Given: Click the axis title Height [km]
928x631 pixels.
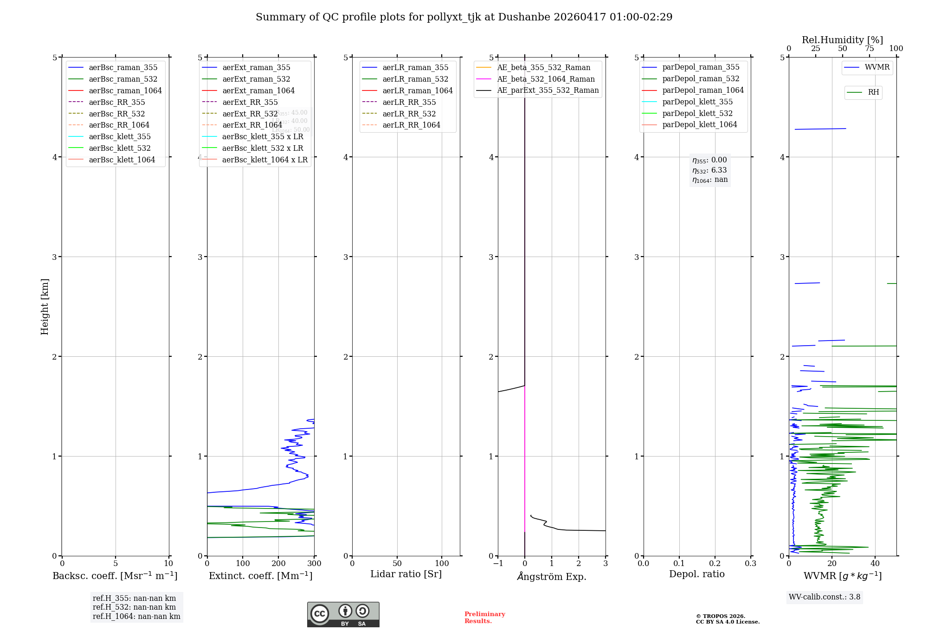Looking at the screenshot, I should click(x=45, y=307).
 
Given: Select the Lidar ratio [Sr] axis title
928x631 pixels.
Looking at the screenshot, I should click(x=406, y=574).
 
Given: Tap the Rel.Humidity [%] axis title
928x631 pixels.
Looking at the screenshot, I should click(x=842, y=40).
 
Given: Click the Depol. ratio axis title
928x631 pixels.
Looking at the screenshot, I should click(x=696, y=574).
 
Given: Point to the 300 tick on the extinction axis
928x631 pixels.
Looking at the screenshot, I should click(x=314, y=564).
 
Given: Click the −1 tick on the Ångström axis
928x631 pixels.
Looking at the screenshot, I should click(x=498, y=564).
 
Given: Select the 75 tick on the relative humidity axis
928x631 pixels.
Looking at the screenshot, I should click(x=869, y=49).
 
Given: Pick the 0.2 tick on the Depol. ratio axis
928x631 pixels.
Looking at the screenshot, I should click(x=715, y=564).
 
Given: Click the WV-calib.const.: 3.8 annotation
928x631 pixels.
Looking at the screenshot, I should click(x=824, y=597).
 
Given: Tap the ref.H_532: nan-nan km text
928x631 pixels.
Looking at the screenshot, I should click(x=134, y=607).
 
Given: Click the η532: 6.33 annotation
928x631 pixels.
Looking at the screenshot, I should click(x=709, y=170).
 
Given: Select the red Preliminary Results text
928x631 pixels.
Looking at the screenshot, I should click(x=484, y=618).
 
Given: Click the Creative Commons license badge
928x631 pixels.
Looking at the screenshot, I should click(x=343, y=615).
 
